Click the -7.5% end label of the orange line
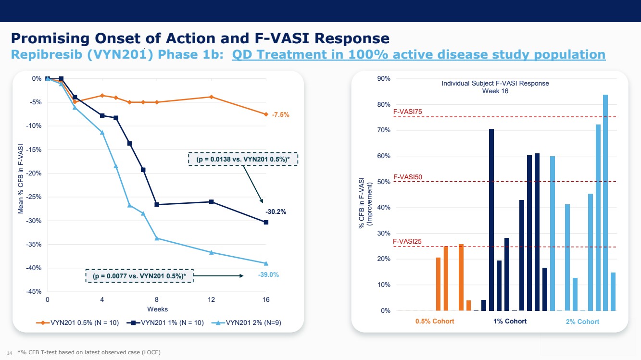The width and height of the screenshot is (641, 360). (280, 115)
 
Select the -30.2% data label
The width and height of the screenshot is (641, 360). (276, 211)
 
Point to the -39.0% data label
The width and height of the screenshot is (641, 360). (268, 275)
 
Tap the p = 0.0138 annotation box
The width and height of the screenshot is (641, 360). (243, 159)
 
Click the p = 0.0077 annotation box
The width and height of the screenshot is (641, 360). (139, 276)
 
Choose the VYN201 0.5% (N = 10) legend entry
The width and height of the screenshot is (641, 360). (78, 323)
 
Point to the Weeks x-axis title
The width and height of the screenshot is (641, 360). (157, 309)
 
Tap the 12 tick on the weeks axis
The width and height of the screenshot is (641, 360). (212, 300)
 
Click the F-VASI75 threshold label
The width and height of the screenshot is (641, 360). (407, 112)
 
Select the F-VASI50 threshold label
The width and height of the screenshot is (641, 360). (407, 177)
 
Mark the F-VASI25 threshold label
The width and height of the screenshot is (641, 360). (407, 241)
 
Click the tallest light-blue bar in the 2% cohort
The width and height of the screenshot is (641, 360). (605, 202)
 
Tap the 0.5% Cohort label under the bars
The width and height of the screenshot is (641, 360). (435, 321)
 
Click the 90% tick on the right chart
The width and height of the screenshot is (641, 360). (384, 78)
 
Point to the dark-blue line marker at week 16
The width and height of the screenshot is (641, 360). (266, 222)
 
